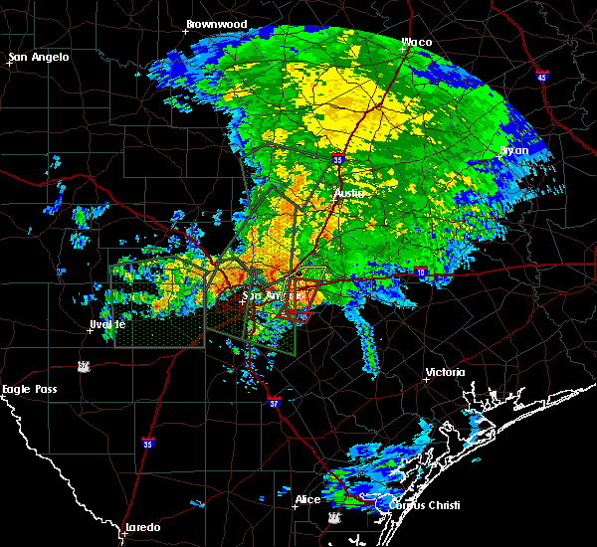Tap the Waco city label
click(416, 43)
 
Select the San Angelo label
click(40, 57)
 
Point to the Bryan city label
click(514, 150)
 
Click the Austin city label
click(350, 192)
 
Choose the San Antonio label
click(272, 295)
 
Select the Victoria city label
click(445, 372)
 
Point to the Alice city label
click(307, 499)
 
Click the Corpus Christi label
click(417, 505)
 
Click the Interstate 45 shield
click(542, 77)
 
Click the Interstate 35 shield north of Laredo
click(147, 443)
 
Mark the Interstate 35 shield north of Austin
click(337, 158)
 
